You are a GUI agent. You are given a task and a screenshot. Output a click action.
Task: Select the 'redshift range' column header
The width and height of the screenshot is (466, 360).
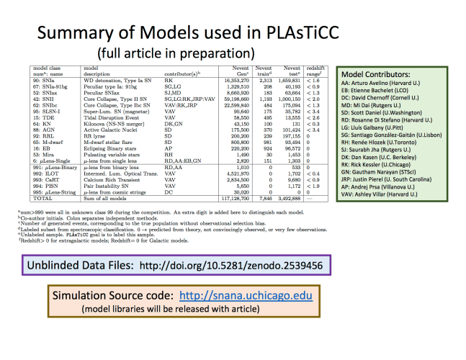[321, 71]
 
